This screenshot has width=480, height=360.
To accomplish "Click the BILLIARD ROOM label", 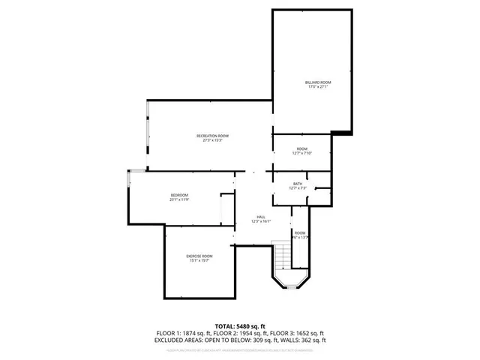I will coord(318,82).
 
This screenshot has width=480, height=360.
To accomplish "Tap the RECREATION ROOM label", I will coord(212,136).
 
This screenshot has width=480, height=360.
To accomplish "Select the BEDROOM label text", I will coord(178,195).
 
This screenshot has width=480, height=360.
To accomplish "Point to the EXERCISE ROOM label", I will coord(199,256).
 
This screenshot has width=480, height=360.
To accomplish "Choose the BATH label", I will coord(298,184).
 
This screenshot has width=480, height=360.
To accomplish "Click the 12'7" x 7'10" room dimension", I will coord(301,154).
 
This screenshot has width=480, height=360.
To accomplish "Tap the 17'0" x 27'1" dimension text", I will coord(318,87).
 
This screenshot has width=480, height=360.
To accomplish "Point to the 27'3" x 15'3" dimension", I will coord(212,140).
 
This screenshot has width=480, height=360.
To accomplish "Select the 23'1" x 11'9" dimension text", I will coord(178,199).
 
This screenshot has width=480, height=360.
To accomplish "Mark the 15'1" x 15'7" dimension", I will coord(199,261).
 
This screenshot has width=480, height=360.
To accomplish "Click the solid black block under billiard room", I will coord(341,133).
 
